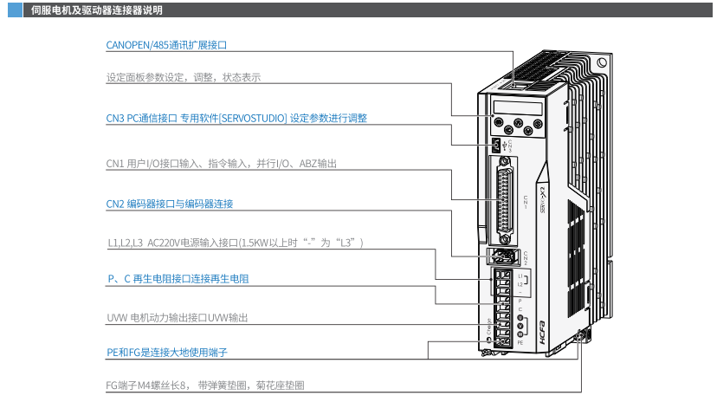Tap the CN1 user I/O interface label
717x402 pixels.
pyautogui.click(x=221, y=163)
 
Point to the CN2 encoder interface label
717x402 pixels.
pyautogui.click(x=169, y=204)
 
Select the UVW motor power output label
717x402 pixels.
pyautogui.click(x=177, y=318)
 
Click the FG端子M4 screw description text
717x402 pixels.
pyautogui.click(x=205, y=386)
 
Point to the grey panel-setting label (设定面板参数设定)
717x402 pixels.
pyautogui.click(x=183, y=77)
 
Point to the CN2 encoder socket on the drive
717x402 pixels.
pyautogui.click(x=501, y=256)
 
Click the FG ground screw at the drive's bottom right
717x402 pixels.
pyautogui.click(x=581, y=335)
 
